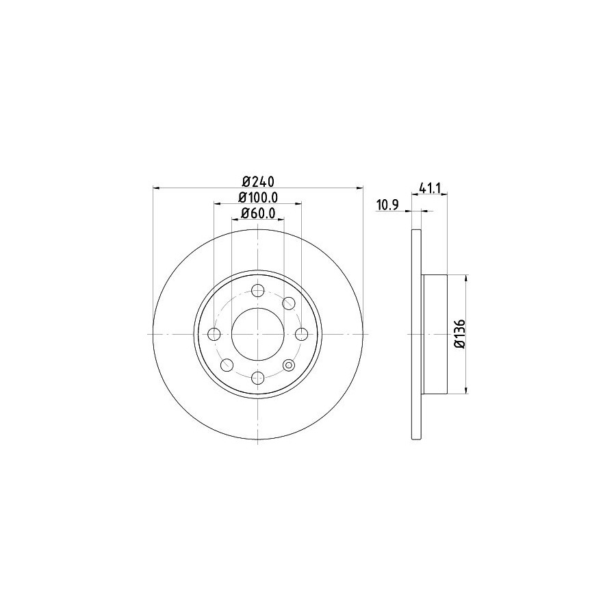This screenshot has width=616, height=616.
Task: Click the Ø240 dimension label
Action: point(258,182)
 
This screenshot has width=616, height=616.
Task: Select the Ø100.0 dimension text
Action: point(258,197)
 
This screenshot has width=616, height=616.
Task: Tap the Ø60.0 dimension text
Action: point(258,213)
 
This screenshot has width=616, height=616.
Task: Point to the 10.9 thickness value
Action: point(388,205)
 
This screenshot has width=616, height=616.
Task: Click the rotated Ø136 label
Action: point(460,333)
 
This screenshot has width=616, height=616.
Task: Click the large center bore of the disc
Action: point(258,334)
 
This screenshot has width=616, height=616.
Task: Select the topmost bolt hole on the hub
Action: point(258,291)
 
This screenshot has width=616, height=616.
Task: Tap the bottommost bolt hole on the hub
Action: point(258,378)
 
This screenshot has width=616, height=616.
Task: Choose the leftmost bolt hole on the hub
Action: point(214,334)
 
